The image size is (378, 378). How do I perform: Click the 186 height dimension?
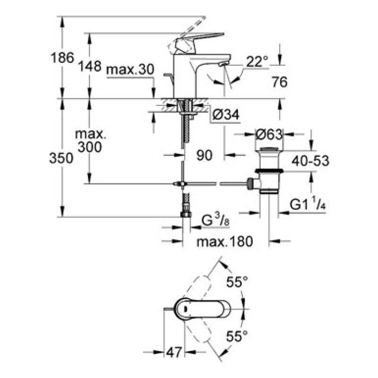62,58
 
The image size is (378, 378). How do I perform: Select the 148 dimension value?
90,66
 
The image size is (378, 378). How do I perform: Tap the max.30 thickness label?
130,70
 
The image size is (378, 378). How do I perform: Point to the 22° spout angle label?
257,61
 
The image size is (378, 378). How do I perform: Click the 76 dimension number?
279,82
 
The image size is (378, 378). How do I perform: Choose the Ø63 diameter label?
269,134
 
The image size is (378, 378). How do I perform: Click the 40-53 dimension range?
310,161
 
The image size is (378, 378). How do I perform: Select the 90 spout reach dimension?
204,155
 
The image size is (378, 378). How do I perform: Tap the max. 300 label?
91,141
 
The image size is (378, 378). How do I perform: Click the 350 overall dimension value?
61,158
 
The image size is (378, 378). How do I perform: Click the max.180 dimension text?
225,242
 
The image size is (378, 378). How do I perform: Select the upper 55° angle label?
237,283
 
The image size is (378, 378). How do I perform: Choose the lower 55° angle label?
237,336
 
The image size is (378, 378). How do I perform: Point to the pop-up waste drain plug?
269,170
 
